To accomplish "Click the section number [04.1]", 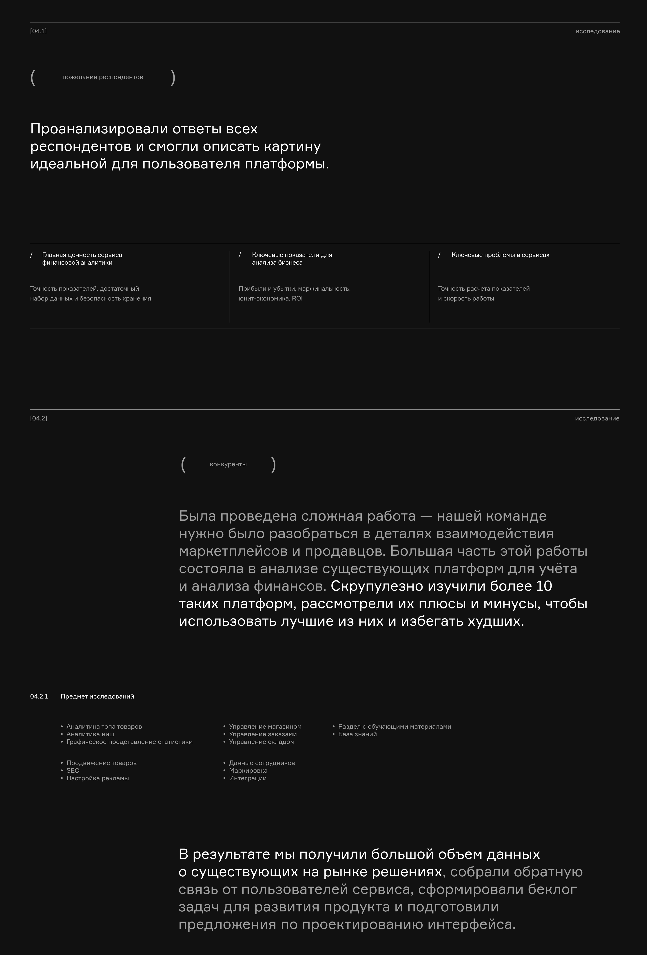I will point(38,31).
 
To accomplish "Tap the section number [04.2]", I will point(39,418).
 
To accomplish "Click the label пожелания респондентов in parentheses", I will point(103,77).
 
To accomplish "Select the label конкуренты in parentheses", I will point(228,464).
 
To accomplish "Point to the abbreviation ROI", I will point(297,298).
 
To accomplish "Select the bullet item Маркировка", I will point(248,771).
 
